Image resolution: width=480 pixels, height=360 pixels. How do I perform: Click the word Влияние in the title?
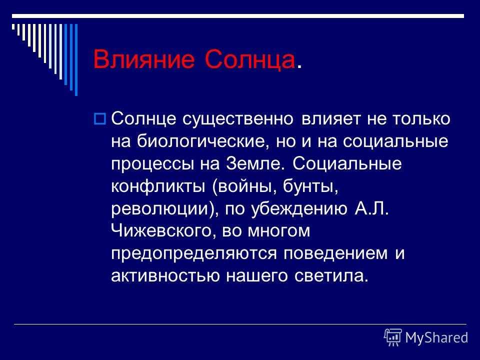pyautogui.click(x=144, y=59)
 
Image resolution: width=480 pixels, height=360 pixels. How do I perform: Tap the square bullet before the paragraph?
pyautogui.click(x=99, y=118)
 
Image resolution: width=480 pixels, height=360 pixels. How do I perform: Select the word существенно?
pyautogui.click(x=238, y=119)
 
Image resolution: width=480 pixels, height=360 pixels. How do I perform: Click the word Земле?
pyautogui.click(x=255, y=164)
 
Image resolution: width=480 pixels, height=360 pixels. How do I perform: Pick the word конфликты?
pyautogui.click(x=158, y=186)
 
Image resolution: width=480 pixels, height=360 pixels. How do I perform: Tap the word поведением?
pyautogui.click(x=335, y=253)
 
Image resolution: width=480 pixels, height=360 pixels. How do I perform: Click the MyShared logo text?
pyautogui.click(x=437, y=338)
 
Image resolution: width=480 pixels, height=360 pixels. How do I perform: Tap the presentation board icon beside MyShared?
pyautogui.click(x=393, y=337)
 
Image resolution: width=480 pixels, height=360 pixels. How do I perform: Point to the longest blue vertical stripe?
pyautogui.click(x=76, y=59)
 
